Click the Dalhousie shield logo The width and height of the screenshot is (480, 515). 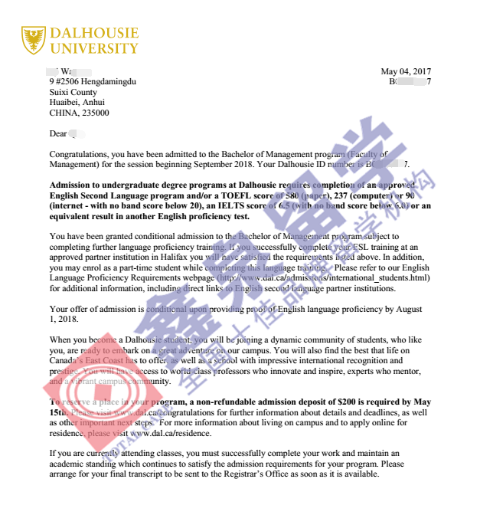(33, 40)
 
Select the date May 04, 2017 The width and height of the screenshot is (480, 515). (406, 72)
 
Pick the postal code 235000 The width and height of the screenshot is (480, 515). (96, 113)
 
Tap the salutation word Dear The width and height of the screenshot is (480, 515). (58, 133)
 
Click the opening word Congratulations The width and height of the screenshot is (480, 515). (79, 154)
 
